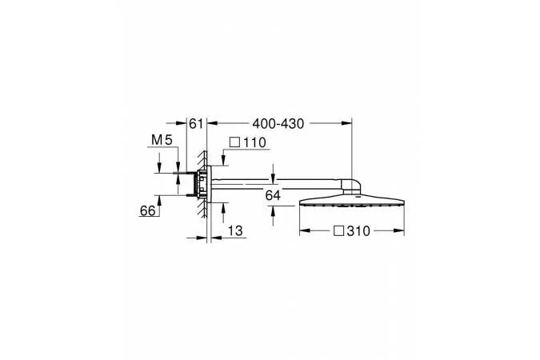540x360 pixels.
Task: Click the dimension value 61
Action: click(196, 123)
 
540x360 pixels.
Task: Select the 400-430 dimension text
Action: click(278, 123)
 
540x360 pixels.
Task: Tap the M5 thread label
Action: click(162, 140)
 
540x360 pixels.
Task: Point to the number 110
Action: click(255, 142)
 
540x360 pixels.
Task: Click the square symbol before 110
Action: click(234, 142)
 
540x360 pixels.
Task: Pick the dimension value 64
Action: click(273, 195)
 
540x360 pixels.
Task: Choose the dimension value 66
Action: click(147, 210)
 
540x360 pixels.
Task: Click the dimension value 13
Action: click(235, 230)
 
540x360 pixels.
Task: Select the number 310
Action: click(358, 231)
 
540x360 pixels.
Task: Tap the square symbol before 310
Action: click(339, 231)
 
